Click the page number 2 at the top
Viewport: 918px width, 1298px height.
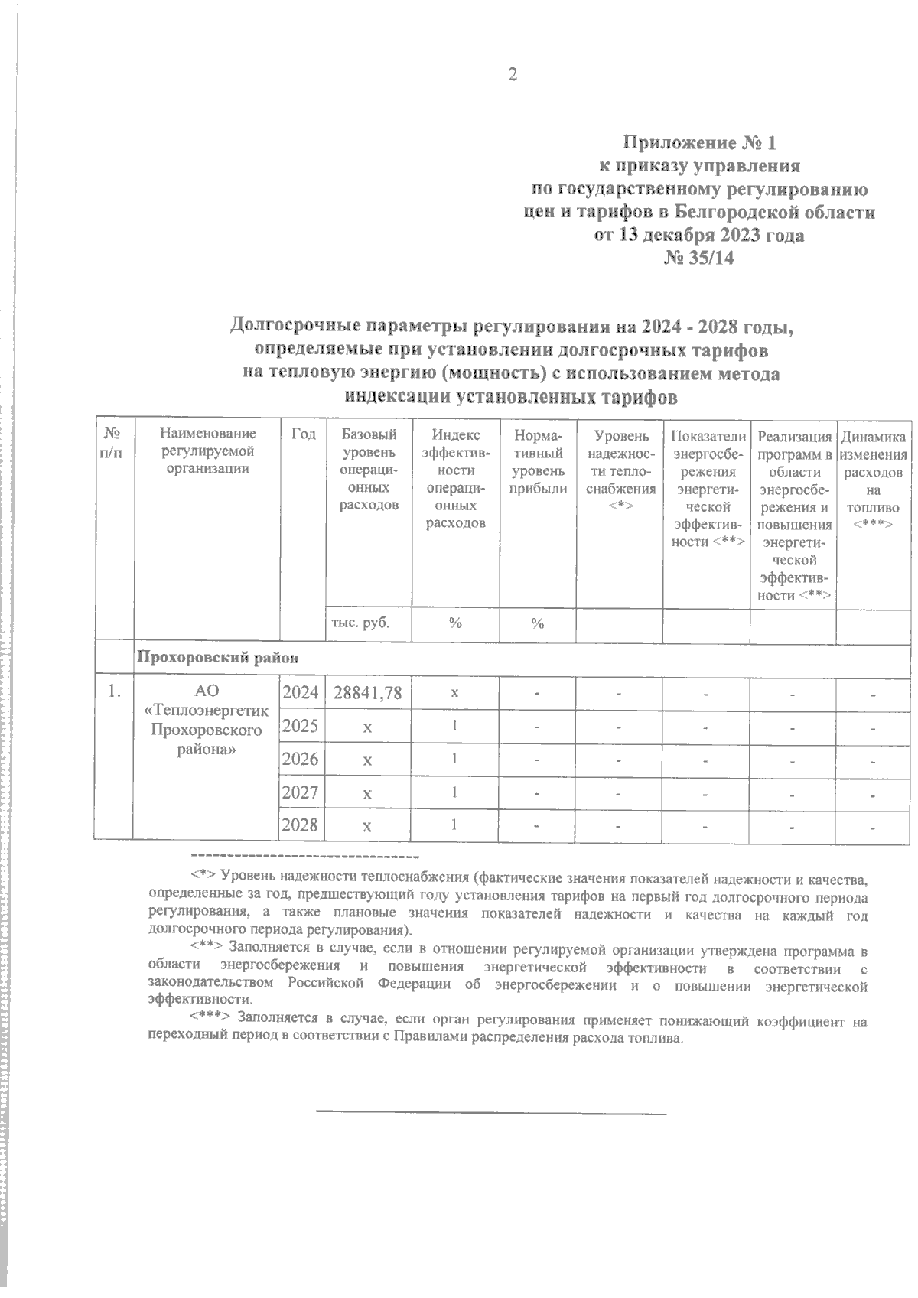[512, 75]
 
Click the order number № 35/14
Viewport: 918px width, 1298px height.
[699, 259]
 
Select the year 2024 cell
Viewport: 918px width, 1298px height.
[301, 693]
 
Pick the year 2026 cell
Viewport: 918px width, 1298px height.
[301, 759]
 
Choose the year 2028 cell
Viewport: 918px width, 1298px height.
[301, 825]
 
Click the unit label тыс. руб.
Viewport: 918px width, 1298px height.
[360, 623]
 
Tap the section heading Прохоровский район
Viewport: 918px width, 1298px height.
[217, 657]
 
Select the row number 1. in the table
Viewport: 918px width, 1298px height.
[113, 691]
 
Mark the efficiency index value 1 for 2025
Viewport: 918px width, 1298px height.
[454, 725]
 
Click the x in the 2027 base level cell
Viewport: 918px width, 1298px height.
[368, 793]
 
